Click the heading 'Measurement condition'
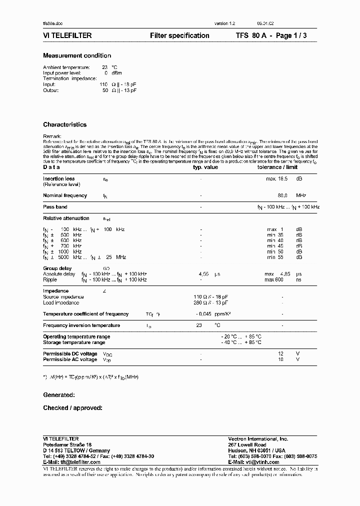[x=77, y=55]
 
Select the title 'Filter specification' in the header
[x=179, y=35]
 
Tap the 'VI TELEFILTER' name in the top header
[x=67, y=35]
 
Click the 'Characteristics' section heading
[x=64, y=124]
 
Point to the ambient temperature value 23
[x=105, y=67]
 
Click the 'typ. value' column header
[x=205, y=167]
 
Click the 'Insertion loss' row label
[x=59, y=178]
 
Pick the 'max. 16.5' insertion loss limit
[x=277, y=178]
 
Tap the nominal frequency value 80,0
[x=282, y=195]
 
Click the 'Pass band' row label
[x=55, y=207]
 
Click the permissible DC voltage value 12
[x=281, y=353]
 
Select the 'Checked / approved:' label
[x=72, y=408]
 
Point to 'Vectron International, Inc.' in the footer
[x=258, y=438]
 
